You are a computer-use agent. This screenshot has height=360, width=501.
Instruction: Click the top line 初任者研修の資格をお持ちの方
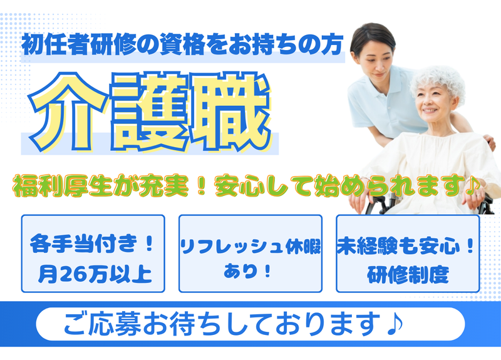[182, 45]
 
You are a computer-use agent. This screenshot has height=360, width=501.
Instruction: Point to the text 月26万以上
[93, 274]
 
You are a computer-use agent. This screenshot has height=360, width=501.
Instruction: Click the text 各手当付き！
[93, 245]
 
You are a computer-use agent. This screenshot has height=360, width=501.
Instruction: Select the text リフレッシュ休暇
[250, 246]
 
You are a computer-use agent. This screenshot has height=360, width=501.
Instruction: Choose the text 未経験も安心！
[408, 245]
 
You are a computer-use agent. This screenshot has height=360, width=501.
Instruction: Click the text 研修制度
[408, 274]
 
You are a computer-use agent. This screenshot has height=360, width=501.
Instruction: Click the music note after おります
[394, 323]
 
